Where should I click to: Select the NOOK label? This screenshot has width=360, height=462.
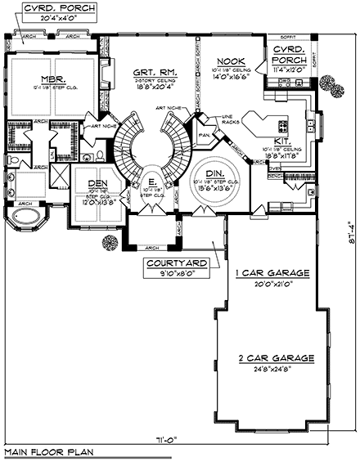[x=227, y=61]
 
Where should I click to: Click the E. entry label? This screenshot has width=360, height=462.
[x=153, y=183]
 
